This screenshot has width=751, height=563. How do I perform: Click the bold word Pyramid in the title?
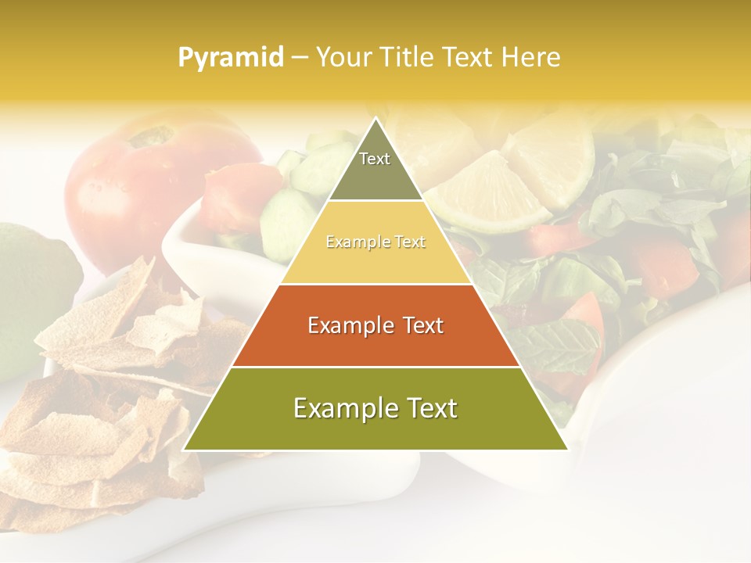(230, 58)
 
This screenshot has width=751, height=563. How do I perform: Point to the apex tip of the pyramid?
(376, 120)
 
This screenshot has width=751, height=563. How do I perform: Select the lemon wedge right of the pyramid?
(489, 192)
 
